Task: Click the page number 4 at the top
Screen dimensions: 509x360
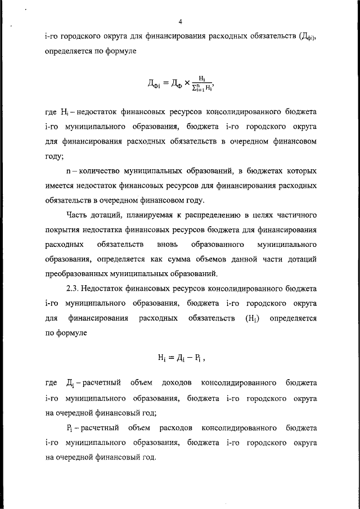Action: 180,22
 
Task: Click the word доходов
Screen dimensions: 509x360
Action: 177,383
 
